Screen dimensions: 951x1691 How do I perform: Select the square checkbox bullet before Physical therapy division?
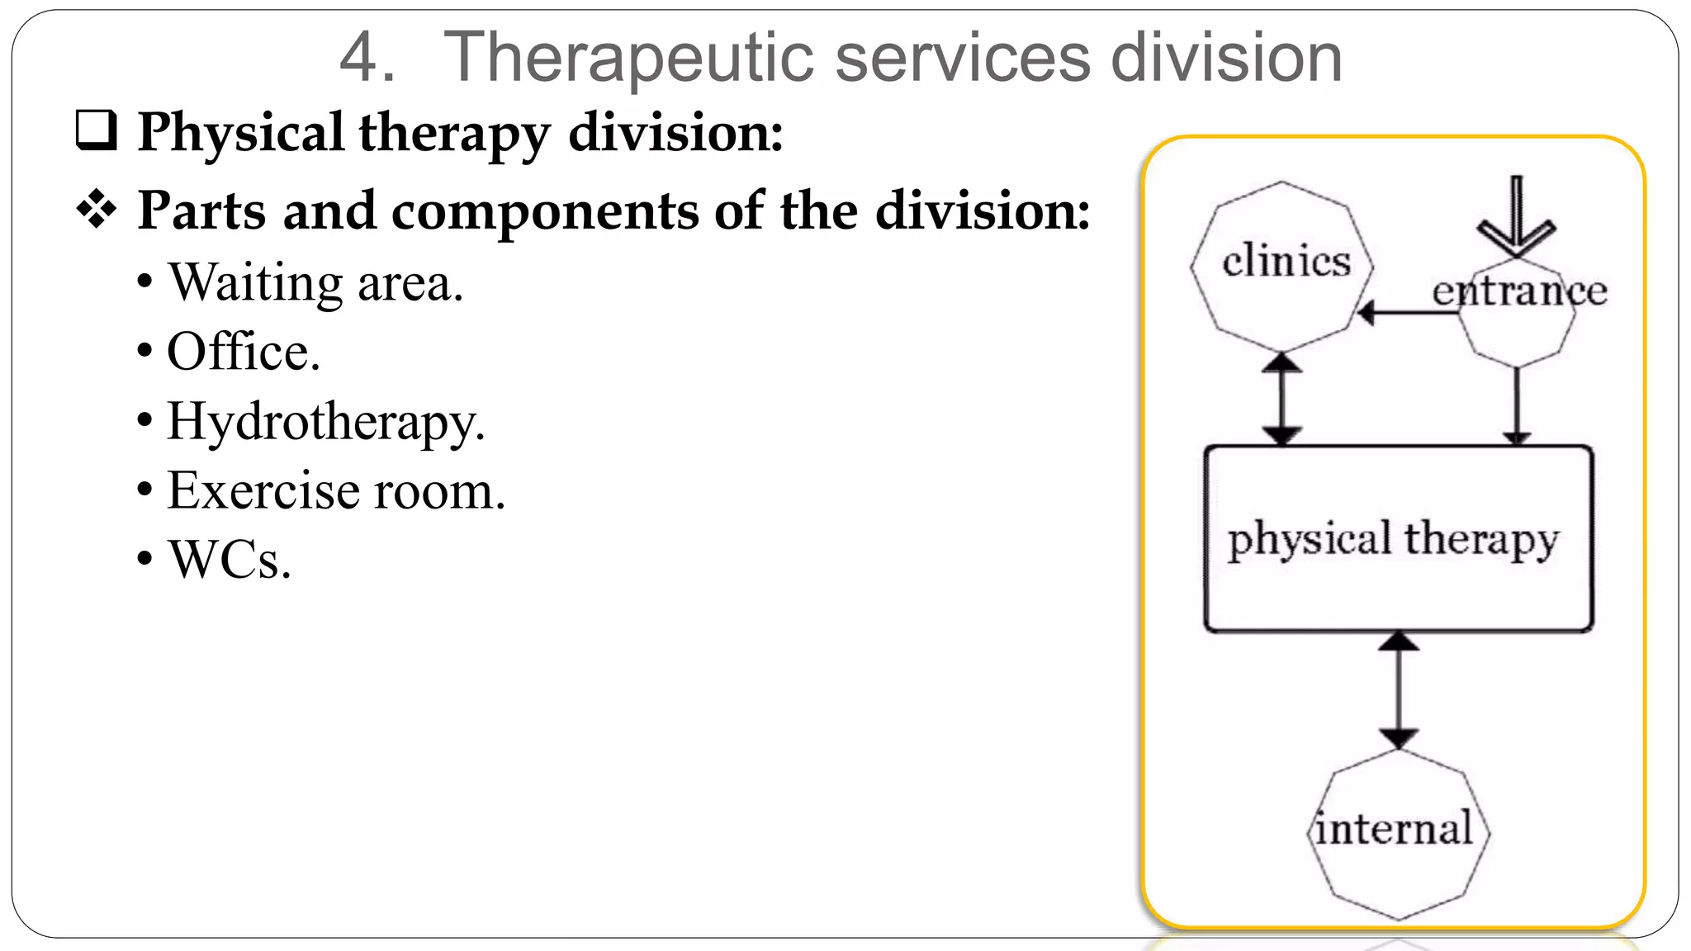[96, 131]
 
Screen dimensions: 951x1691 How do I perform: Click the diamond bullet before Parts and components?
[97, 210]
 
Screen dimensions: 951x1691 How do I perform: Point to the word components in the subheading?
[545, 211]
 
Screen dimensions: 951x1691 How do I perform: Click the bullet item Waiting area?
[315, 283]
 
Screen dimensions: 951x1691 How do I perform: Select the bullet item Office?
[243, 352]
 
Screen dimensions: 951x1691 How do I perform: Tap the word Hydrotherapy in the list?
[325, 423]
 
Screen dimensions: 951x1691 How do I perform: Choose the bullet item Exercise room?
[335, 491]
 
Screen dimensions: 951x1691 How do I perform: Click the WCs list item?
[230, 561]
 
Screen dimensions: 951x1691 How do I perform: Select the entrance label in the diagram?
[1519, 291]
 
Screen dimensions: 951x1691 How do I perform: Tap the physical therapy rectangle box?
[1398, 539]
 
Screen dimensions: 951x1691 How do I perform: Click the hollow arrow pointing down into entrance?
[1517, 219]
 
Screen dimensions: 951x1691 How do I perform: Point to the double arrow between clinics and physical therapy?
[1281, 399]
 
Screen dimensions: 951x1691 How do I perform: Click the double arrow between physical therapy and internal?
[1398, 690]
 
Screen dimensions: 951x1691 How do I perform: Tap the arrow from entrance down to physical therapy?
[1517, 405]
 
